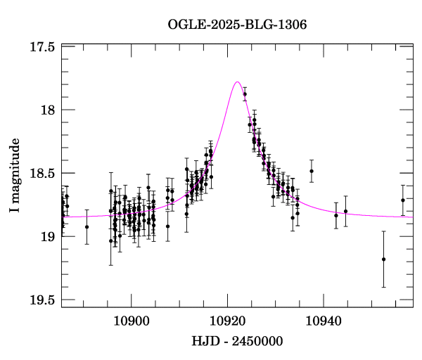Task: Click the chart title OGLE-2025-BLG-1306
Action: point(237,25)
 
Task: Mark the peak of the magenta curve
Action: point(237,82)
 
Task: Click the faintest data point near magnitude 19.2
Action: point(383,259)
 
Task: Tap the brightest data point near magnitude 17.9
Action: point(245,94)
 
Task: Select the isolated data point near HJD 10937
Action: point(311,171)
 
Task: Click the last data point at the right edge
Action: point(403,200)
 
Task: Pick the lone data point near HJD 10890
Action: point(87,226)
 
